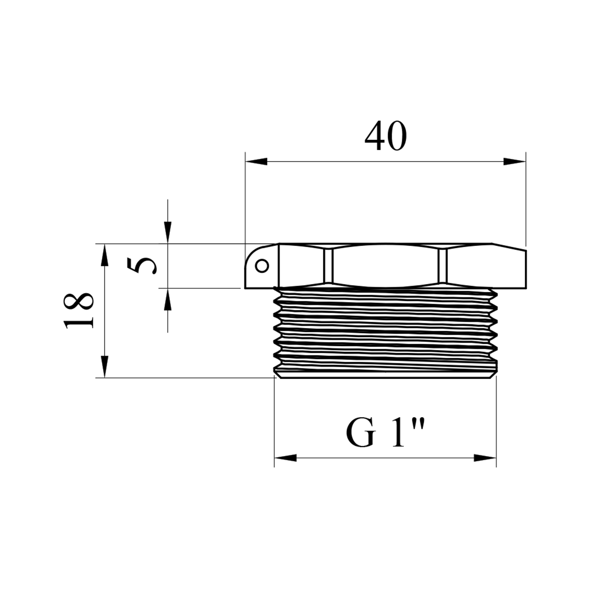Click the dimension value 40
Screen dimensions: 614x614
(x=386, y=136)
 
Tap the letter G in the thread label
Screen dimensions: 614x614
(x=361, y=433)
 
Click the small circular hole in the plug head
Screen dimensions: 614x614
(x=262, y=266)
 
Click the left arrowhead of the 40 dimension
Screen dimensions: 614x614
(x=256, y=161)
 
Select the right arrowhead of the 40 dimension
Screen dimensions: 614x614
(x=515, y=161)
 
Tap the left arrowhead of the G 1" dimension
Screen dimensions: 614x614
(x=285, y=458)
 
